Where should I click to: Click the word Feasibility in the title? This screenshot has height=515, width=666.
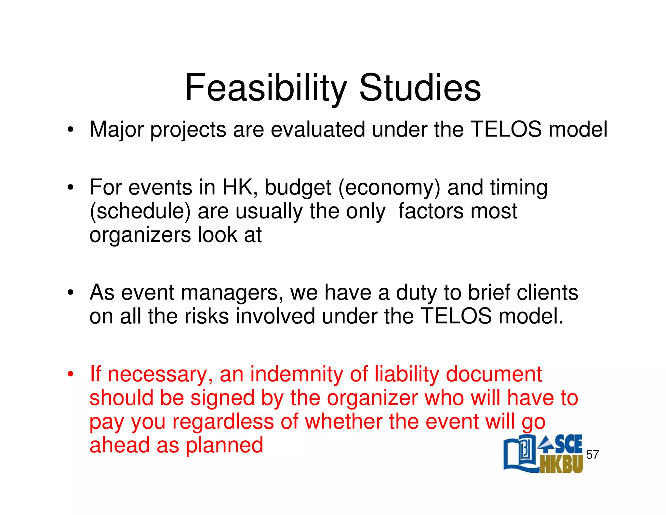coord(265,88)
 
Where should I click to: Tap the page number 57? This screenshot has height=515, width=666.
coord(592,454)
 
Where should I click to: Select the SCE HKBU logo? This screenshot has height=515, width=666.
coord(543,454)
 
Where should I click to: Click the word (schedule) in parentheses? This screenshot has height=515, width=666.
coord(140,212)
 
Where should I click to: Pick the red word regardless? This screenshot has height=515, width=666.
coord(223,422)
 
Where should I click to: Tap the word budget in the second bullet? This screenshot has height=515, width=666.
coord(298,188)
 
